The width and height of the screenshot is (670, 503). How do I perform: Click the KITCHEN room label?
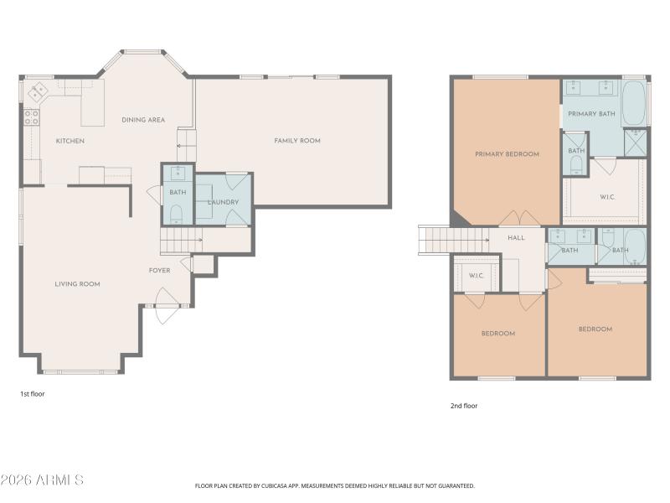[70, 141]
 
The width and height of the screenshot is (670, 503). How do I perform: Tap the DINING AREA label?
[143, 120]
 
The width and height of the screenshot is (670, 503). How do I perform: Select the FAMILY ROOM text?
[297, 141]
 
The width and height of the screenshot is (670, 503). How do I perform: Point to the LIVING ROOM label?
[77, 284]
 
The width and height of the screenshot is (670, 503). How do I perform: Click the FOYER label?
[159, 271]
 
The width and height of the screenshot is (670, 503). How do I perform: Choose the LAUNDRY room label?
[223, 202]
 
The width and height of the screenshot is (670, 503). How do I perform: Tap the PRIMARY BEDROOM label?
[507, 154]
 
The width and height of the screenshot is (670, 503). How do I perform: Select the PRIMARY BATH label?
[591, 113]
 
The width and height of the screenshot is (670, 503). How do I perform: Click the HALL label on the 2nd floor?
[516, 238]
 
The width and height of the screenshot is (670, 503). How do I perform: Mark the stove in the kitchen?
[32, 117]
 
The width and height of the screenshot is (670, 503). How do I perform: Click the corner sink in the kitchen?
[38, 90]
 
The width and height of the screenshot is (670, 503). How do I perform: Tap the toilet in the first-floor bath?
[177, 215]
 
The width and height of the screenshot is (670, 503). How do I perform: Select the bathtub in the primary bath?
[634, 102]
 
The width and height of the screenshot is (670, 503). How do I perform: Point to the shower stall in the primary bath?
[636, 144]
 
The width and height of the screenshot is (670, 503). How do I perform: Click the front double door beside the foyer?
[165, 306]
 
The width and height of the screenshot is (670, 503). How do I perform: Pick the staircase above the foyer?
[180, 242]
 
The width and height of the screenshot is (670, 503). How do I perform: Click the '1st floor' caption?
[33, 392]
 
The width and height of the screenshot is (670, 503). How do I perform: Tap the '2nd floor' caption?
[464, 406]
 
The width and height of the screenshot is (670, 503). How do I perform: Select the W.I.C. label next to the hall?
[476, 275]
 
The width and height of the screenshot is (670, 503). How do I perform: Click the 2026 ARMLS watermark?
[42, 480]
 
